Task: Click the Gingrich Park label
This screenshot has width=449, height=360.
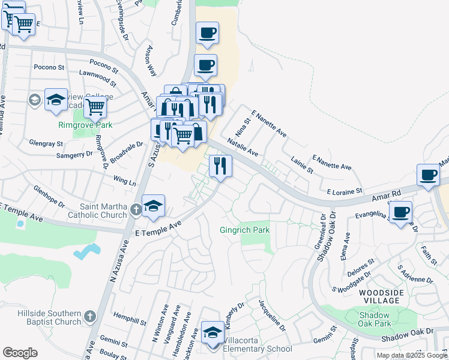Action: [x=244, y=230]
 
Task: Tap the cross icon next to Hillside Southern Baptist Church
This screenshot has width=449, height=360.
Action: [x=90, y=316]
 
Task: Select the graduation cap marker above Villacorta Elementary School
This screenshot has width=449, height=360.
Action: [x=212, y=331]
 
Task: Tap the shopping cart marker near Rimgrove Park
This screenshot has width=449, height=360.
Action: [x=95, y=107]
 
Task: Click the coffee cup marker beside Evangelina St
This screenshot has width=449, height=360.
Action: [x=400, y=212]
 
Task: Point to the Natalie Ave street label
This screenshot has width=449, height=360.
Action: [x=243, y=148]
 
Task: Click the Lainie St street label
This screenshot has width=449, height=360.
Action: [x=302, y=166]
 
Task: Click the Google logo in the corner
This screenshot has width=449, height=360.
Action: [x=20, y=352]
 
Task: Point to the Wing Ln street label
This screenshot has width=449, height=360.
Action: [x=124, y=180]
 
